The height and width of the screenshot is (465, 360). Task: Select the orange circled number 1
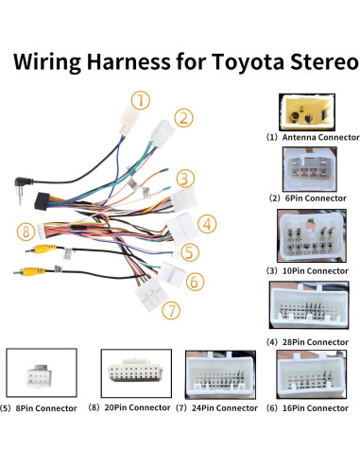pyautogui.click(x=141, y=99)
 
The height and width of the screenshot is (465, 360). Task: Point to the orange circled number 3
pyautogui.click(x=185, y=178)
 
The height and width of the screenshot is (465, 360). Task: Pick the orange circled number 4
pyautogui.click(x=206, y=224)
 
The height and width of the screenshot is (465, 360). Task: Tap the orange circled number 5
pyautogui.click(x=190, y=252)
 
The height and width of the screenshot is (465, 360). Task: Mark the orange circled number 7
pyautogui.click(x=170, y=309)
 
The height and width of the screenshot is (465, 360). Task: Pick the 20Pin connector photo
pyautogui.click(x=136, y=374)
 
